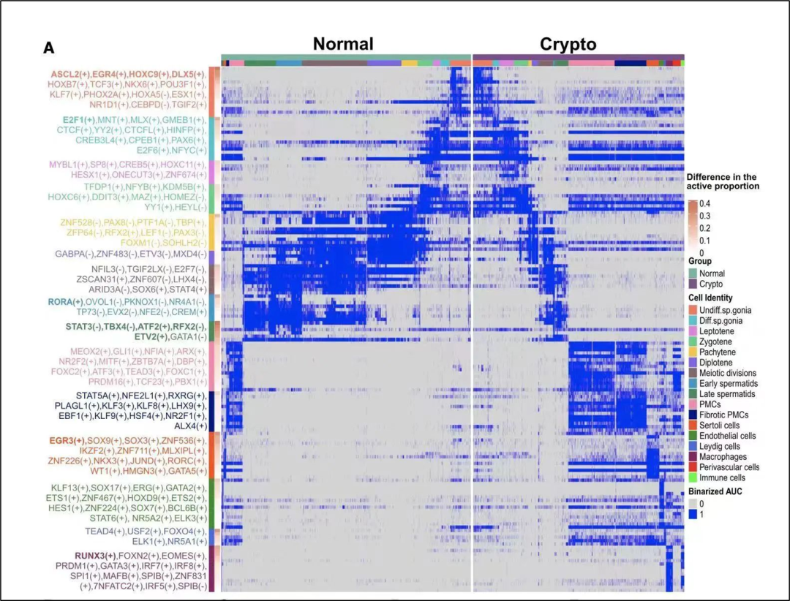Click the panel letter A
pos(48,48)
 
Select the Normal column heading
pos(342,44)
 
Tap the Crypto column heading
pos(568,44)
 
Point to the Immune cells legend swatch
pos(693,478)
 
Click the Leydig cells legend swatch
pos(693,447)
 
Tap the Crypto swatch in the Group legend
pos(693,284)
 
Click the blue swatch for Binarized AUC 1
pos(693,515)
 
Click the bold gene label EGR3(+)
pos(67,441)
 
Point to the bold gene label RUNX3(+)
pos(94,556)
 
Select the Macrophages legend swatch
pos(693,457)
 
